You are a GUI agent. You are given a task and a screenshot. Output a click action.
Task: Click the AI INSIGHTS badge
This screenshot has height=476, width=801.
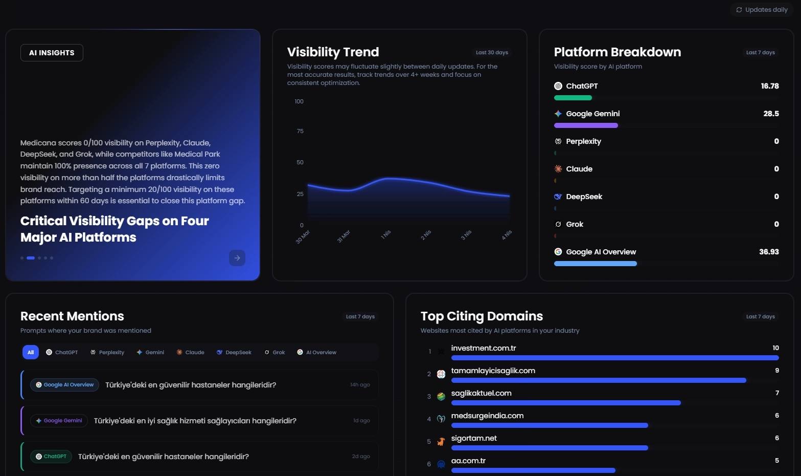(52, 53)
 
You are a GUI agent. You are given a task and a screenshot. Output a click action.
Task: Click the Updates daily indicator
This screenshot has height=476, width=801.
(762, 10)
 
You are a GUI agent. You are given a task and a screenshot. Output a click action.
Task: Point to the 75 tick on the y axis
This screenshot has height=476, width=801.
(300, 132)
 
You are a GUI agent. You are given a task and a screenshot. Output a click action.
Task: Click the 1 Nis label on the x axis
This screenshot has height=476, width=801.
(386, 234)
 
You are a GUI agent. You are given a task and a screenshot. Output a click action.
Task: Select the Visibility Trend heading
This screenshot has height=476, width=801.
(333, 52)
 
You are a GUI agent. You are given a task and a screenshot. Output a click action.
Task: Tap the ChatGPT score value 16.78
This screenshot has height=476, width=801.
(769, 86)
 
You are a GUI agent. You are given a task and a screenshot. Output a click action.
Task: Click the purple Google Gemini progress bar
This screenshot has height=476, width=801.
(586, 125)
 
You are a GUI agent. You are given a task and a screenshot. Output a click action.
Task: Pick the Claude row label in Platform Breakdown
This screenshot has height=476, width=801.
(579, 169)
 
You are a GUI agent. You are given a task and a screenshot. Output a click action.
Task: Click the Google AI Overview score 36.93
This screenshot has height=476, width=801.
(769, 252)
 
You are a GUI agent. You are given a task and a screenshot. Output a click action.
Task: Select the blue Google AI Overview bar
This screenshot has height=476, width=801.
(596, 264)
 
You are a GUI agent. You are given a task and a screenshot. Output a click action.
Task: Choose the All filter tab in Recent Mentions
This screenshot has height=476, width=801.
(31, 352)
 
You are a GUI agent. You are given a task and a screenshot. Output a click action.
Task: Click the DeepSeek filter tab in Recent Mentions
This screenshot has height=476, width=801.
(234, 352)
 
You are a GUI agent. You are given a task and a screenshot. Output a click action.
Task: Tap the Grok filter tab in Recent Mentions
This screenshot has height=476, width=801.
(275, 352)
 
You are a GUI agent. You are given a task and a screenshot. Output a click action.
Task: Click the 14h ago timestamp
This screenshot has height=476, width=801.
(360, 385)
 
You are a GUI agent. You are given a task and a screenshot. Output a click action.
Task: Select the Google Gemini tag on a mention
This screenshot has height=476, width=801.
(59, 421)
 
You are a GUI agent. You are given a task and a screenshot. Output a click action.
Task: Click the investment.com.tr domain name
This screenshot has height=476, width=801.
(483, 348)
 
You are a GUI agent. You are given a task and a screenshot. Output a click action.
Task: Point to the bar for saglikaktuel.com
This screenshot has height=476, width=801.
(566, 403)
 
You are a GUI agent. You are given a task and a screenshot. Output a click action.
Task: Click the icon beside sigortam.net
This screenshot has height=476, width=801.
(441, 442)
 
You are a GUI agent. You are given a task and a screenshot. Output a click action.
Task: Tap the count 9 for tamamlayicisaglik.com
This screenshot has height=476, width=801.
(777, 371)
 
